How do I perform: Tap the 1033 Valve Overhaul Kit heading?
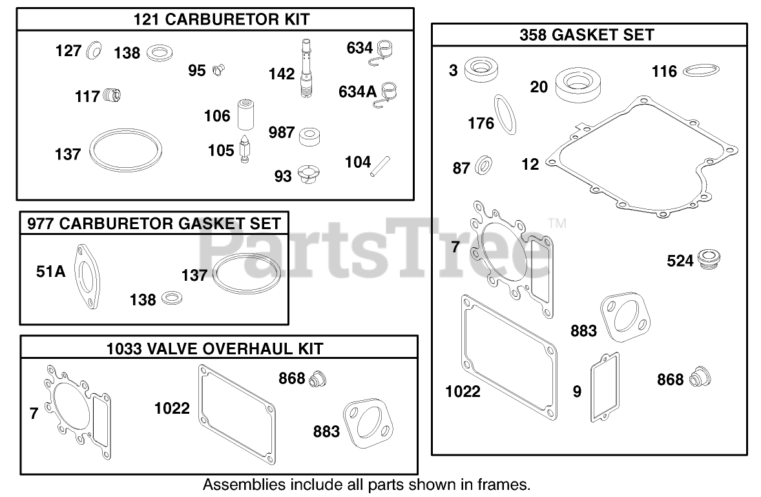(x=215, y=349)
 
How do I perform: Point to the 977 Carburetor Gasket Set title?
(x=154, y=223)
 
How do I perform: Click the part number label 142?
(x=282, y=74)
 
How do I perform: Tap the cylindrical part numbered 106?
(x=245, y=114)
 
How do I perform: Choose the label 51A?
(x=50, y=272)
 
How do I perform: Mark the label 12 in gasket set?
(x=530, y=164)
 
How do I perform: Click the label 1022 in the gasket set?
(x=463, y=391)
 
